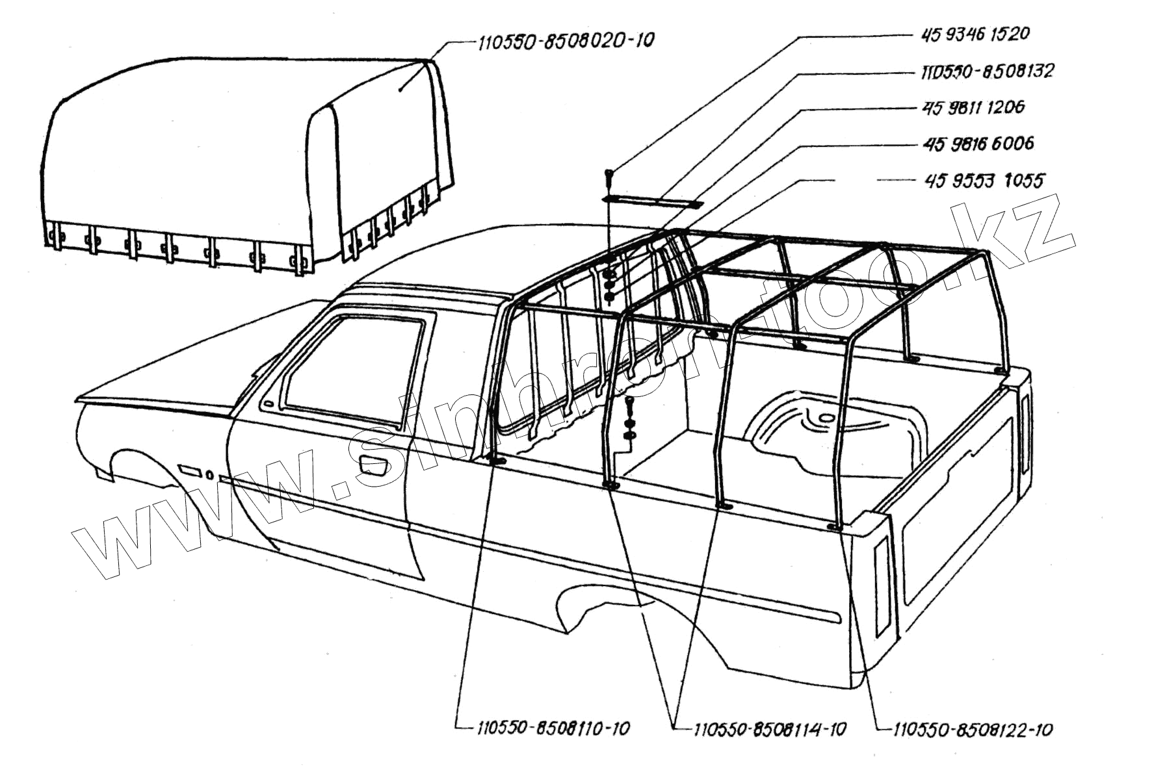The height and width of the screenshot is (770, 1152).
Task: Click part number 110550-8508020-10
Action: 565,41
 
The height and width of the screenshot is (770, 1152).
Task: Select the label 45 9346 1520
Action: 975,33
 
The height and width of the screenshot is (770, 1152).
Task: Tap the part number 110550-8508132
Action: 987,70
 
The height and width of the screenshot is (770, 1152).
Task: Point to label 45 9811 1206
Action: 973,107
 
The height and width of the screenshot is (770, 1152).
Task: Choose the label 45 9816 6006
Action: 977,143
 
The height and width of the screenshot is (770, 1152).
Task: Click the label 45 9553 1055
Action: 984,180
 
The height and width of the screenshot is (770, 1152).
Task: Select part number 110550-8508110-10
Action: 553,728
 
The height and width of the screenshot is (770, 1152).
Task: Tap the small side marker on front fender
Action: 189,469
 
